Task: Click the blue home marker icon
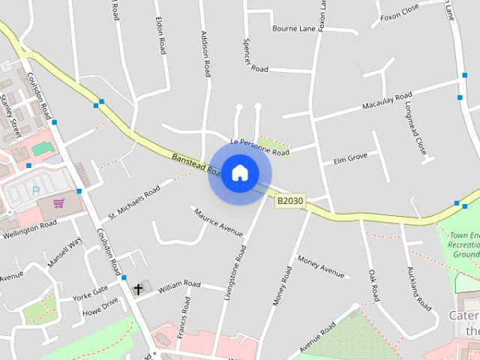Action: [240, 172]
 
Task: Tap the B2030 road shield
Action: [290, 201]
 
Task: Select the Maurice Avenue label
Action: [219, 221]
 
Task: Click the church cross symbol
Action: [138, 289]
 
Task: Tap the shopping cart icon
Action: [58, 203]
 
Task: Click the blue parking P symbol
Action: [35, 191]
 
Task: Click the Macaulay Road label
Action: [387, 101]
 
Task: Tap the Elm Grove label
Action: [350, 157]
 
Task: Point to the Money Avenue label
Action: [321, 265]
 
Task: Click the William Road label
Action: [178, 285]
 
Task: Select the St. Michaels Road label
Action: [134, 202]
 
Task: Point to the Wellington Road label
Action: [29, 229]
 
